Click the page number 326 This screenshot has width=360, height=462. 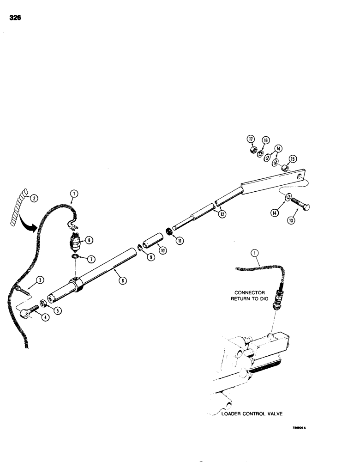15,18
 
